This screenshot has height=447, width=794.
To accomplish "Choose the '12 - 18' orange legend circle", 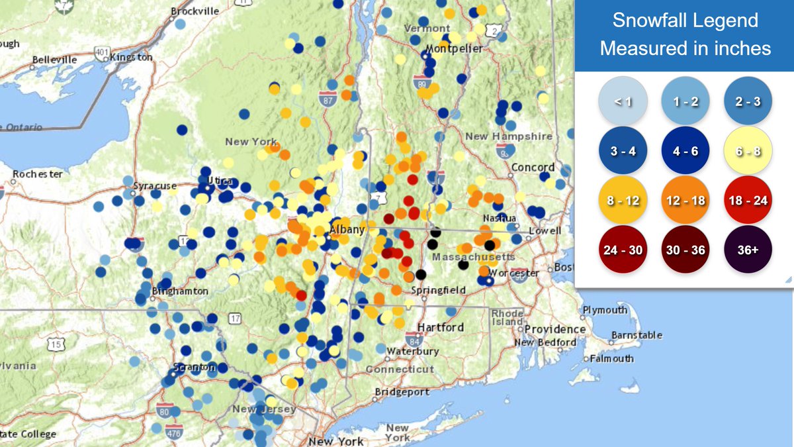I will [685, 200].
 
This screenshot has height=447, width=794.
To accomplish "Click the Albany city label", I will [346, 230].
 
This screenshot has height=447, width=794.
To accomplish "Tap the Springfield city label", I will [437, 290].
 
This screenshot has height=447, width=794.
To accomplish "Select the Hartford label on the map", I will [440, 328].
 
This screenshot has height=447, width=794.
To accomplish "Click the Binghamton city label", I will [180, 291].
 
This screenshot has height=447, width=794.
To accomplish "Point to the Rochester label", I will [38, 174].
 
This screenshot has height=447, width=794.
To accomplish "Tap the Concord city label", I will [533, 167].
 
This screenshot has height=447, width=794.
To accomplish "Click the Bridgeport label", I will [402, 392].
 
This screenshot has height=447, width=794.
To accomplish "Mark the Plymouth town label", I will [605, 310].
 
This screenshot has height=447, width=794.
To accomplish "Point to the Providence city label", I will [555, 329].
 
